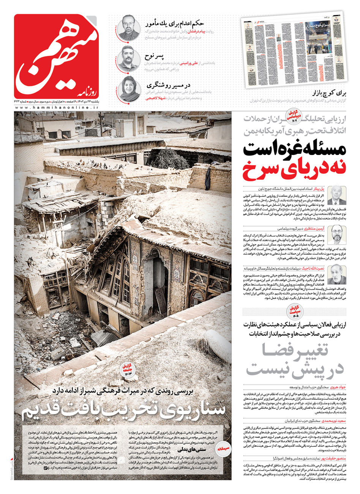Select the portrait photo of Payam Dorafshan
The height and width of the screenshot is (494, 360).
(x=128, y=28)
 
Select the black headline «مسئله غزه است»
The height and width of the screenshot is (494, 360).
(x=295, y=149)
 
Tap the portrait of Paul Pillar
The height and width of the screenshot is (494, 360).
(x=336, y=195)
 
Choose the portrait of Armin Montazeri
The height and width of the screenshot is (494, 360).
(x=336, y=234)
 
